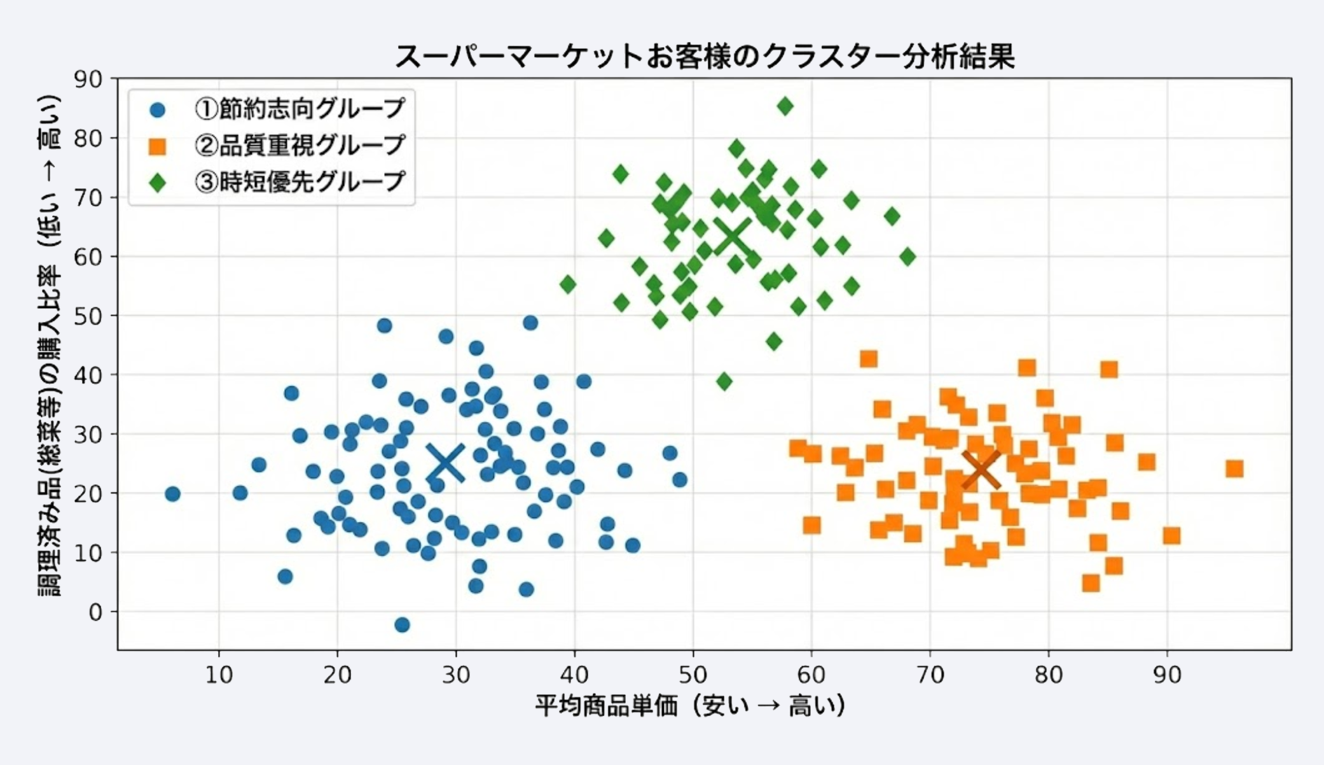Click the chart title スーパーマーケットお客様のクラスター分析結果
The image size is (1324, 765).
[704, 57]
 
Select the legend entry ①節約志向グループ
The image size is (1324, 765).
[300, 109]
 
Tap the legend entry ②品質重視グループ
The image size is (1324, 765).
[300, 145]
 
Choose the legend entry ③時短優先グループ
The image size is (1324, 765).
[300, 182]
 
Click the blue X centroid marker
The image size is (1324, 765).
[445, 462]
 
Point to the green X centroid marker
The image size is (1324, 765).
[733, 235]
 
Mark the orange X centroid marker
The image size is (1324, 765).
[981, 470]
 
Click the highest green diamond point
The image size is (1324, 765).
[785, 106]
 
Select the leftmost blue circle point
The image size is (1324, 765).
[172, 494]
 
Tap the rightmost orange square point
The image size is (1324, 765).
[1234, 469]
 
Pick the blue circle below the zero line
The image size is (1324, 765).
[402, 625]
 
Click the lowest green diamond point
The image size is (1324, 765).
[724, 382]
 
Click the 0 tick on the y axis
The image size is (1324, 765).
[95, 612]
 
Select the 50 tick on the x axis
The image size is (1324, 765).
[693, 675]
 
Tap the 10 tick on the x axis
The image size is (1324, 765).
[219, 675]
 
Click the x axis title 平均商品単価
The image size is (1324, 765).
[690, 706]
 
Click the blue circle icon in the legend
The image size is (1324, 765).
[157, 110]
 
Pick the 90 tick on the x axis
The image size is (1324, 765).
[1167, 675]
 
